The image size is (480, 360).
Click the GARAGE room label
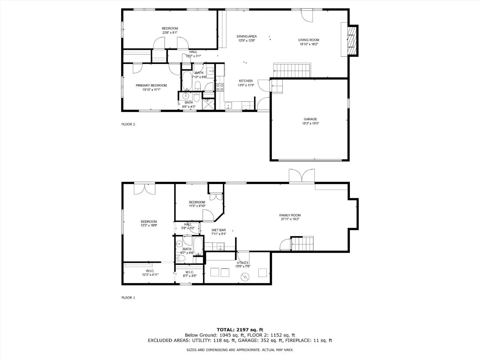point(310,119)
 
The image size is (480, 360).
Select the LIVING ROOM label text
point(308,40)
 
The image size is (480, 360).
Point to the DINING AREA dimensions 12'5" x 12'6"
point(247,40)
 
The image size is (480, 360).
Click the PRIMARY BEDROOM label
point(151,85)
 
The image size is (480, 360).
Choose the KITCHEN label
point(246,81)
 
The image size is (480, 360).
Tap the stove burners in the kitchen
point(220,87)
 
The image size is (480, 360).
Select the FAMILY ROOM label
point(290,215)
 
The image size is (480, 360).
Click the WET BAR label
point(218,230)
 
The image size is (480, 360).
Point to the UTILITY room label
point(242,262)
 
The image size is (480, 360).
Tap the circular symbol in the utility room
point(245,277)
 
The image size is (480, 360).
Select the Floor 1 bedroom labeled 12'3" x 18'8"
point(149,223)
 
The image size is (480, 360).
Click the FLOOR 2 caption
point(128,124)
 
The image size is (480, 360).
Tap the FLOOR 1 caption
point(128,298)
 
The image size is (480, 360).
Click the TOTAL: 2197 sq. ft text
point(240,330)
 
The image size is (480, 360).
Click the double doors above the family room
point(302,176)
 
